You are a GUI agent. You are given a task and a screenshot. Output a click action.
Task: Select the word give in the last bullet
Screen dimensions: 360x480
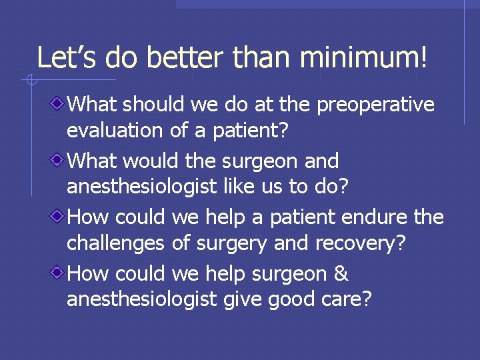[242, 299]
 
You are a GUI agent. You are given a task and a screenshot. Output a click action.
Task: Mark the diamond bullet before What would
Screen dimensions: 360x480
[59, 160]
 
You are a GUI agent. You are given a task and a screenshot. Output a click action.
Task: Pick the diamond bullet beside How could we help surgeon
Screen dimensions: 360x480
[59, 273]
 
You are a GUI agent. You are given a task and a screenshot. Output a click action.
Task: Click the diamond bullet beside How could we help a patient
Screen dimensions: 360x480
[59, 216]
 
